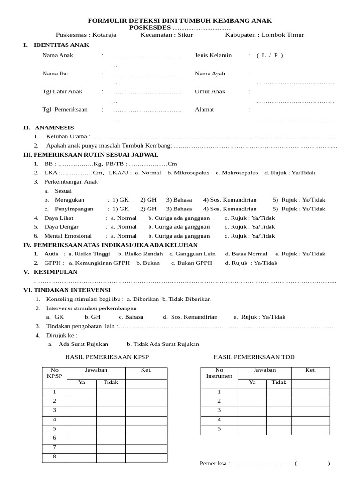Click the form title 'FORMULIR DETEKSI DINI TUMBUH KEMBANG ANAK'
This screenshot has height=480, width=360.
(180, 21)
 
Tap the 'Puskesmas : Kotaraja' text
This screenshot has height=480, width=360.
(86, 35)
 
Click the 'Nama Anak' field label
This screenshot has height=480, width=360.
(58, 55)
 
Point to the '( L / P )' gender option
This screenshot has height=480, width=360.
(270, 55)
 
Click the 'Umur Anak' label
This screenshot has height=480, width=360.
(210, 91)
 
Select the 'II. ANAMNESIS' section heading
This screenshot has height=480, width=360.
(49, 127)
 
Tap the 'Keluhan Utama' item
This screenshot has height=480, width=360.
(67, 136)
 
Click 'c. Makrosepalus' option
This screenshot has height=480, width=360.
(237, 172)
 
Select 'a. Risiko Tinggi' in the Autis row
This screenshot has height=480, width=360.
(89, 254)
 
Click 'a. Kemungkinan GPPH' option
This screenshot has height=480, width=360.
(99, 263)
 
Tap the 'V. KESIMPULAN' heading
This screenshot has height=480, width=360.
(51, 272)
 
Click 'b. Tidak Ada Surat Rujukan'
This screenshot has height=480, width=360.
(163, 344)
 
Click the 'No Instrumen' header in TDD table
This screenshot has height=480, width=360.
(219, 373)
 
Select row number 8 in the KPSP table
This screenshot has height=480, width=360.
(54, 457)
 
